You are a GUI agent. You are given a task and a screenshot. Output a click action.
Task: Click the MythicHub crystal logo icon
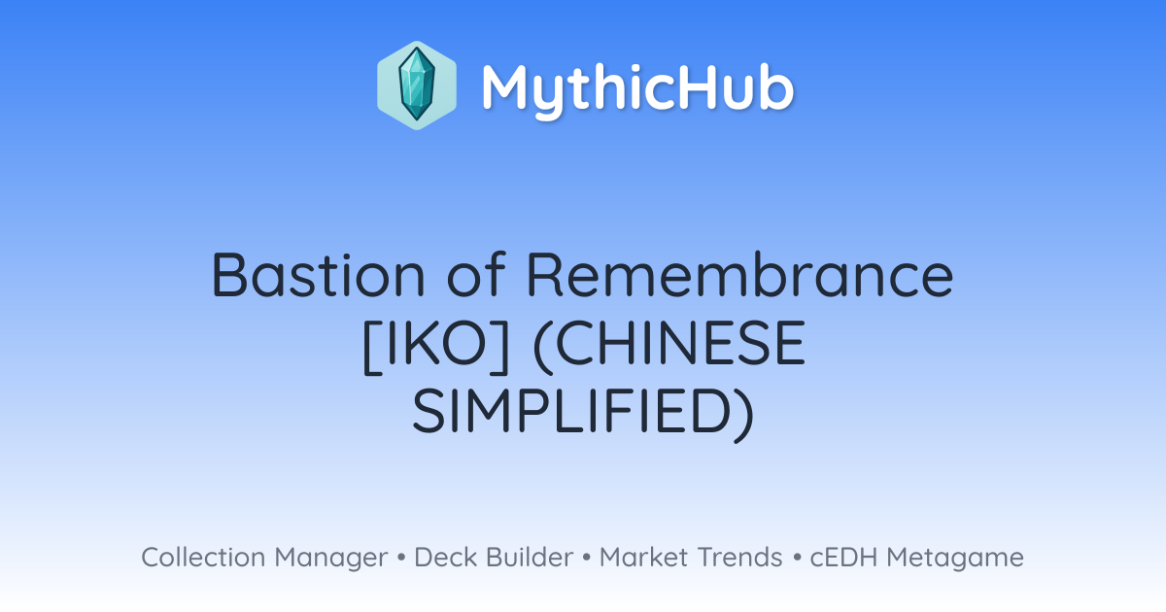point(417,85)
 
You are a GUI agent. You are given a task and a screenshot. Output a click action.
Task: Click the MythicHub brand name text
point(638,89)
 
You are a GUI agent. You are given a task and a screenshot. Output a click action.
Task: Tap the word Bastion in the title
point(318,274)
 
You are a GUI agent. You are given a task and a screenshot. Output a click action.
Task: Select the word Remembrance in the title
point(739,274)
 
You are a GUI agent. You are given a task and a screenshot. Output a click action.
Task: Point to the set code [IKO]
point(435,343)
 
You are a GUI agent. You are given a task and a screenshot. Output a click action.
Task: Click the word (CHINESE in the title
point(669,343)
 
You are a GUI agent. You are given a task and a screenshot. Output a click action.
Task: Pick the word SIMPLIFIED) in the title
point(582,411)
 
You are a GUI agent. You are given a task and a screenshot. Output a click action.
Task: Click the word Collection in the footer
point(203,557)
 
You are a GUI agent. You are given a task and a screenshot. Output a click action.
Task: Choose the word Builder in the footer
point(530,557)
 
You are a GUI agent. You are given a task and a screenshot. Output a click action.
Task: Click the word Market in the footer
point(643,557)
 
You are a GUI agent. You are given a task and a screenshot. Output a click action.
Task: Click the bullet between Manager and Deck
point(401,558)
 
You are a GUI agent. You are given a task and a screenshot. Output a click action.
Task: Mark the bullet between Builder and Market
point(587,558)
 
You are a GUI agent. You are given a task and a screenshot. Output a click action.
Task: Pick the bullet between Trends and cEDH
point(797,558)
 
